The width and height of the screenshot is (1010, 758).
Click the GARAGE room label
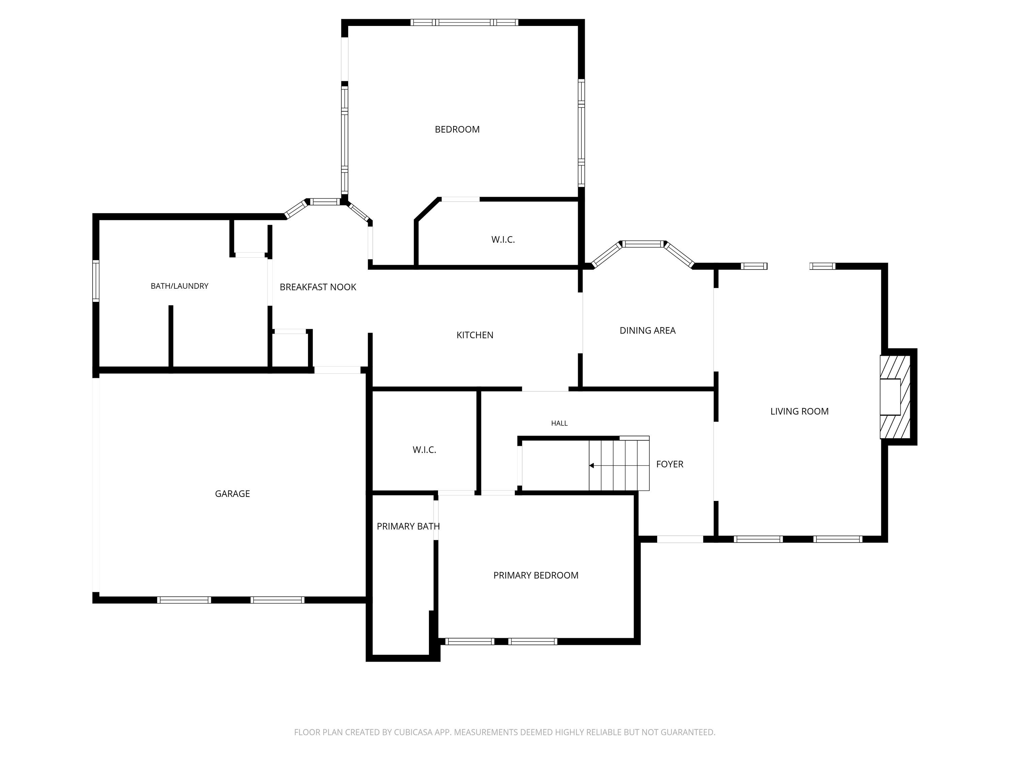click(x=232, y=494)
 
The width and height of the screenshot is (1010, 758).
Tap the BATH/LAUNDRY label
click(x=179, y=286)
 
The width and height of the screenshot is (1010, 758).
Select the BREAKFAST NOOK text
click(x=318, y=287)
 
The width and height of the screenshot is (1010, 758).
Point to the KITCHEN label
click(x=475, y=335)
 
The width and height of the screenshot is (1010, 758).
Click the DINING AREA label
click(x=647, y=330)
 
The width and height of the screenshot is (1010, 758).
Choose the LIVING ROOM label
click(x=800, y=411)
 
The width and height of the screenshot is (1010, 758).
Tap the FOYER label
click(x=670, y=464)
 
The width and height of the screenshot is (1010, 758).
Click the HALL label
click(x=559, y=423)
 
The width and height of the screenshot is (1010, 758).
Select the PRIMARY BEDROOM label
click(x=536, y=575)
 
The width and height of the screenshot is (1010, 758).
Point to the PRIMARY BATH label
click(x=408, y=526)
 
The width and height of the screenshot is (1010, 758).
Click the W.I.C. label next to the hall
click(x=425, y=450)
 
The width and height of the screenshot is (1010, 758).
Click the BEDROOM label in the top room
click(x=457, y=129)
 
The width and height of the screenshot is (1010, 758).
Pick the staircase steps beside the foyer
click(x=619, y=463)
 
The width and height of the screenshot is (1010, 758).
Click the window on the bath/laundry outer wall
click(x=96, y=281)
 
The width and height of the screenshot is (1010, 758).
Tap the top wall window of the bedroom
click(x=464, y=22)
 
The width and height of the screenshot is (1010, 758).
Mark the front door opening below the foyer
click(x=680, y=539)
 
